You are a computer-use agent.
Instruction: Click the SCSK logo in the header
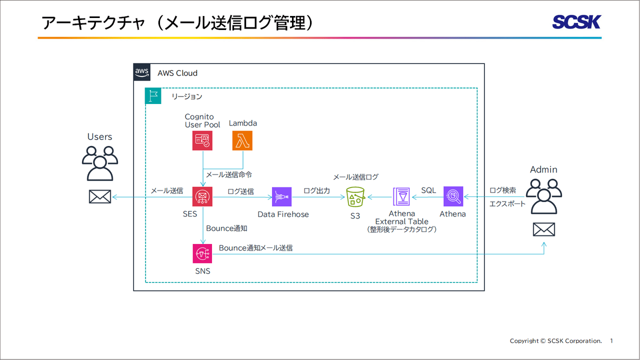tap(576, 22)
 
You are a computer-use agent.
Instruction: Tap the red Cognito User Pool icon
tap(202, 140)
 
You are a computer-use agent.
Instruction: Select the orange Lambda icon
tap(242, 140)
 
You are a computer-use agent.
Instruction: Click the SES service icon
tap(202, 196)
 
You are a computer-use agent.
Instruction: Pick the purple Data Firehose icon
tap(282, 197)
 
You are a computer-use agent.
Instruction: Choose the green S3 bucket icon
tap(355, 197)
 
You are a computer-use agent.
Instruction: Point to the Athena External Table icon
tap(401, 197)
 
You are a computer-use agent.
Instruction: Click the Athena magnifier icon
tap(453, 196)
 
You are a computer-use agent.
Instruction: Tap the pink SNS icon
tap(202, 253)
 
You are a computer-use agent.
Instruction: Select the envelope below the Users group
tap(99, 197)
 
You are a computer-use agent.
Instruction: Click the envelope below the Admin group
tap(543, 229)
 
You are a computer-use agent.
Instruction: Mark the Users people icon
tap(99, 162)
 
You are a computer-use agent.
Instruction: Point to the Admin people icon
tap(543, 196)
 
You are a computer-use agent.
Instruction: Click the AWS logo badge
tap(142, 72)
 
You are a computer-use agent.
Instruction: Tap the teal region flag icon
tap(153, 96)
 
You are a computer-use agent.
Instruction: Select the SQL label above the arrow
tap(428, 190)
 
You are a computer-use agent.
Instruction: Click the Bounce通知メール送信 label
tap(255, 248)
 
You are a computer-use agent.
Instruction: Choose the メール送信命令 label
tap(229, 175)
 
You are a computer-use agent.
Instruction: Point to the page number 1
tap(611, 341)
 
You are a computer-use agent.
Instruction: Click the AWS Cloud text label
tap(177, 73)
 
